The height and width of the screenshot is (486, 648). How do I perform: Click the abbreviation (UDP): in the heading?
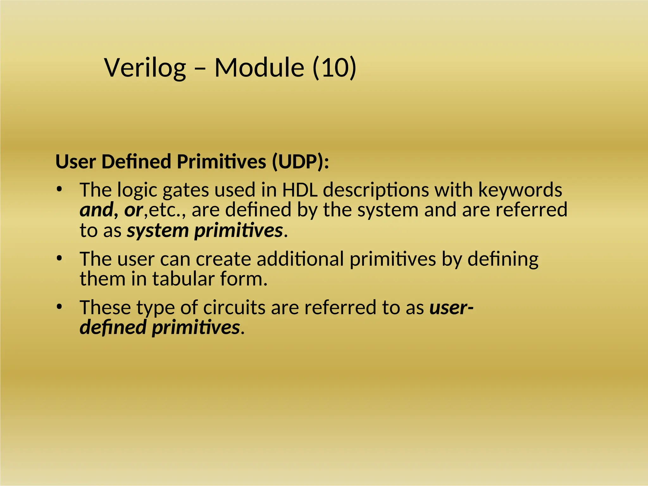click(300, 162)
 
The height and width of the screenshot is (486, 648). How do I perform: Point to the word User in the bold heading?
click(76, 162)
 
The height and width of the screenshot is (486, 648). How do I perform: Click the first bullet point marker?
click(59, 190)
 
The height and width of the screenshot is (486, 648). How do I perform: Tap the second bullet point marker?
click(59, 259)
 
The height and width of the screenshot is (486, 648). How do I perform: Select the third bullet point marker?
click(59, 307)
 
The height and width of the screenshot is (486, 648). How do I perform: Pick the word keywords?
click(520, 190)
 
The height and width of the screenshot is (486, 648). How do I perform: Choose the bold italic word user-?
click(451, 307)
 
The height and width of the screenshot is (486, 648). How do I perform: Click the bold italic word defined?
click(113, 327)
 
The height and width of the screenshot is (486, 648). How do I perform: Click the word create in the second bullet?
click(223, 259)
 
